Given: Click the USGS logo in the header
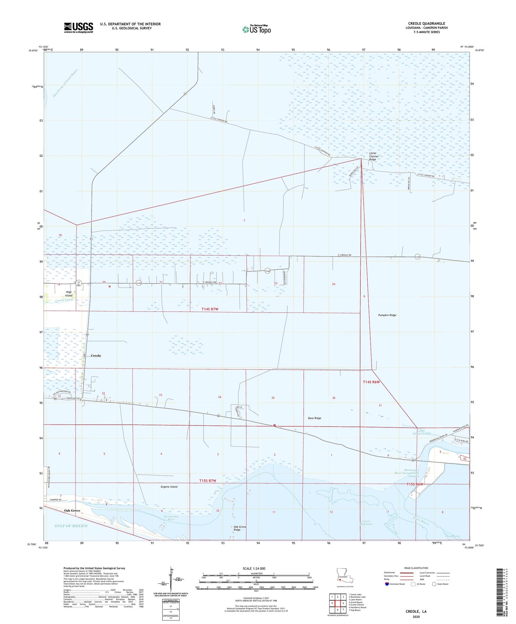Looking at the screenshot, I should pyautogui.click(x=78, y=28).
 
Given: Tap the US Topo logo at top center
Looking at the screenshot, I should pyautogui.click(x=257, y=30).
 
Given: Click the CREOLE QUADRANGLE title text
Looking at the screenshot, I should pyautogui.click(x=427, y=23).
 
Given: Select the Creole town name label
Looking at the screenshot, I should pyautogui.click(x=96, y=356).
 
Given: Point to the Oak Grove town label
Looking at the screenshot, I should pyautogui.click(x=72, y=510).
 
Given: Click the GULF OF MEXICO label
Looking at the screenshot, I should pyautogui.click(x=71, y=526).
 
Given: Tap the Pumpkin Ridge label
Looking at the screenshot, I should pyautogui.click(x=387, y=315).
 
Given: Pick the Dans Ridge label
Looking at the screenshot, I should pyautogui.click(x=314, y=418).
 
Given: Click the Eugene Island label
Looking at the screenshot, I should pyautogui.click(x=169, y=487).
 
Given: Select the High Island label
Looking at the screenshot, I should pyautogui.click(x=69, y=294).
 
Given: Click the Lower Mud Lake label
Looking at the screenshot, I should pyautogui.click(x=366, y=522).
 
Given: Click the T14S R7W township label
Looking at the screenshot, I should pyautogui.click(x=210, y=309).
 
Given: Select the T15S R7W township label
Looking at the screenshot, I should pyautogui.click(x=208, y=480).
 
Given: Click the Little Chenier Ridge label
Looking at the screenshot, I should pyautogui.click(x=374, y=156).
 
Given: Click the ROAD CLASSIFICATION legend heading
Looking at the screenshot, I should pyautogui.click(x=416, y=568).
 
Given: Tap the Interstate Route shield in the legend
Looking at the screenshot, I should pyautogui.click(x=387, y=584).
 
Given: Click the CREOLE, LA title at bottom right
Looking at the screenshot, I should pyautogui.click(x=416, y=611).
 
